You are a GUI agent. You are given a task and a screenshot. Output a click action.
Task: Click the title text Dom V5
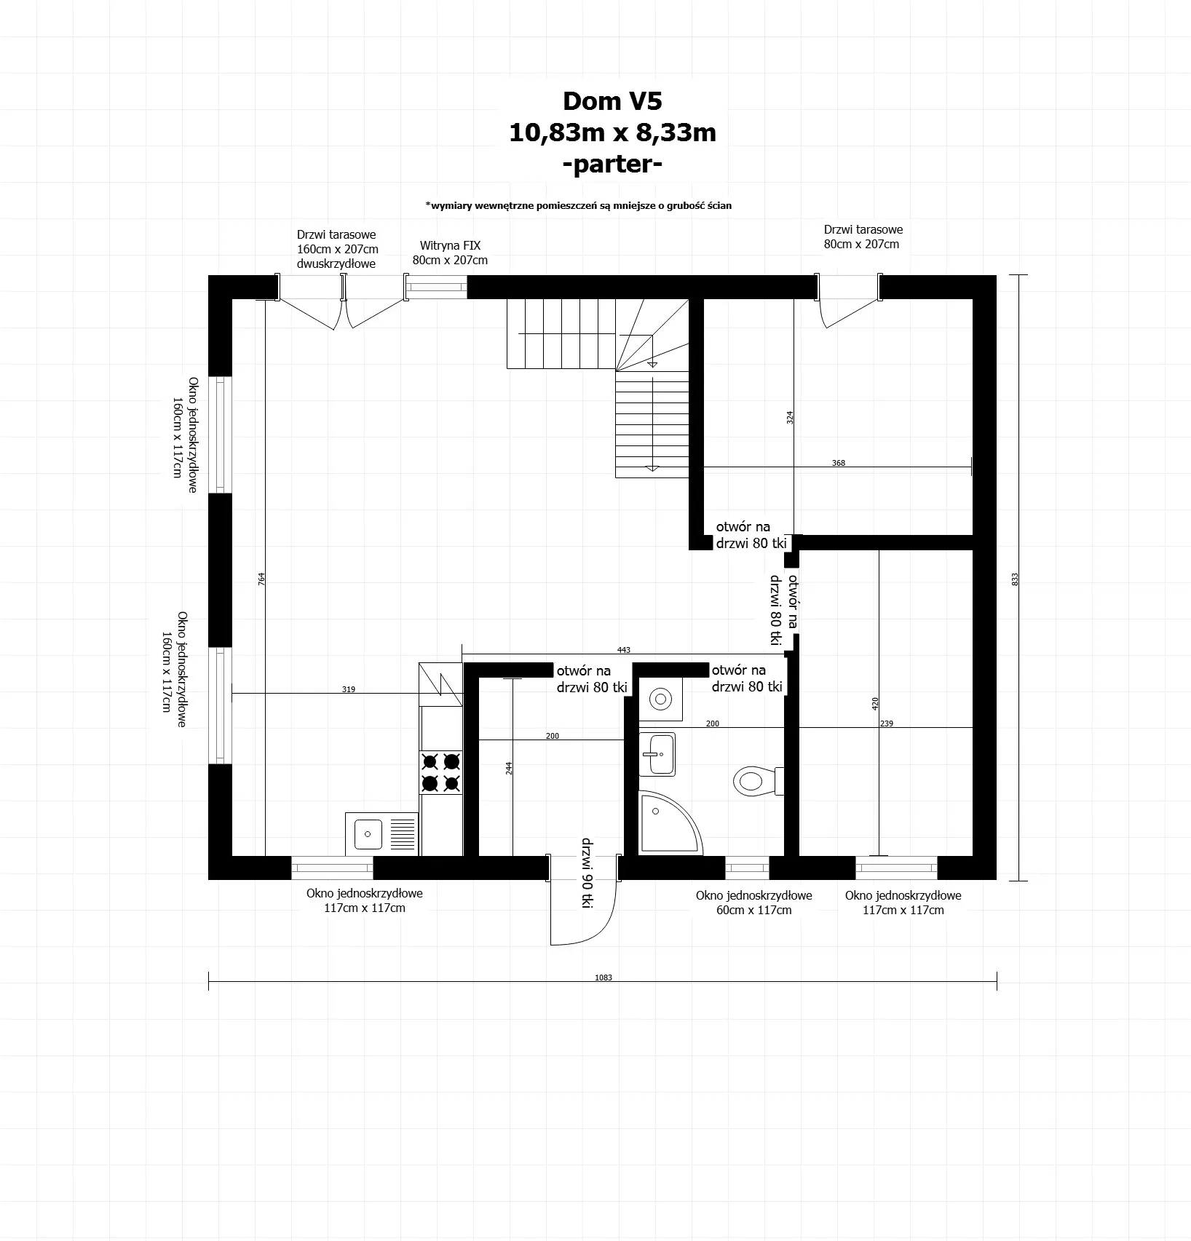(612, 101)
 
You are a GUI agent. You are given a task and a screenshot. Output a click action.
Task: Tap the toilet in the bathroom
(754, 780)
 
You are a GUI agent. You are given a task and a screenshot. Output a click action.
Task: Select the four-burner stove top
(441, 773)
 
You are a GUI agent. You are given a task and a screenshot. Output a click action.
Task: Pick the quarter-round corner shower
(666, 824)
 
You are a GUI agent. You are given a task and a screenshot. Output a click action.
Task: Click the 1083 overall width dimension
(604, 978)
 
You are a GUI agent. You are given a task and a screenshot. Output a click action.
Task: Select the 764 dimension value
(261, 579)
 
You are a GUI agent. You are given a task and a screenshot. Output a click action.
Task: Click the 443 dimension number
(623, 650)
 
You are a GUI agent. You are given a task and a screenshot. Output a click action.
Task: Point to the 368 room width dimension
(839, 463)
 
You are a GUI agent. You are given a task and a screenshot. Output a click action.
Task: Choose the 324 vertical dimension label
(790, 418)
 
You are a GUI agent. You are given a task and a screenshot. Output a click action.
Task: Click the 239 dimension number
(886, 723)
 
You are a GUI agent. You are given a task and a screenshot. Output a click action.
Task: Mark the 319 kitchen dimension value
(349, 689)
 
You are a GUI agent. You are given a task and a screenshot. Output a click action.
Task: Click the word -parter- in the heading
(612, 164)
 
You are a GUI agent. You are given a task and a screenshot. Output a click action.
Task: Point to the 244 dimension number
(509, 768)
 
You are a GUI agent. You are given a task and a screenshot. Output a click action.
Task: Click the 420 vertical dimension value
(876, 703)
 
